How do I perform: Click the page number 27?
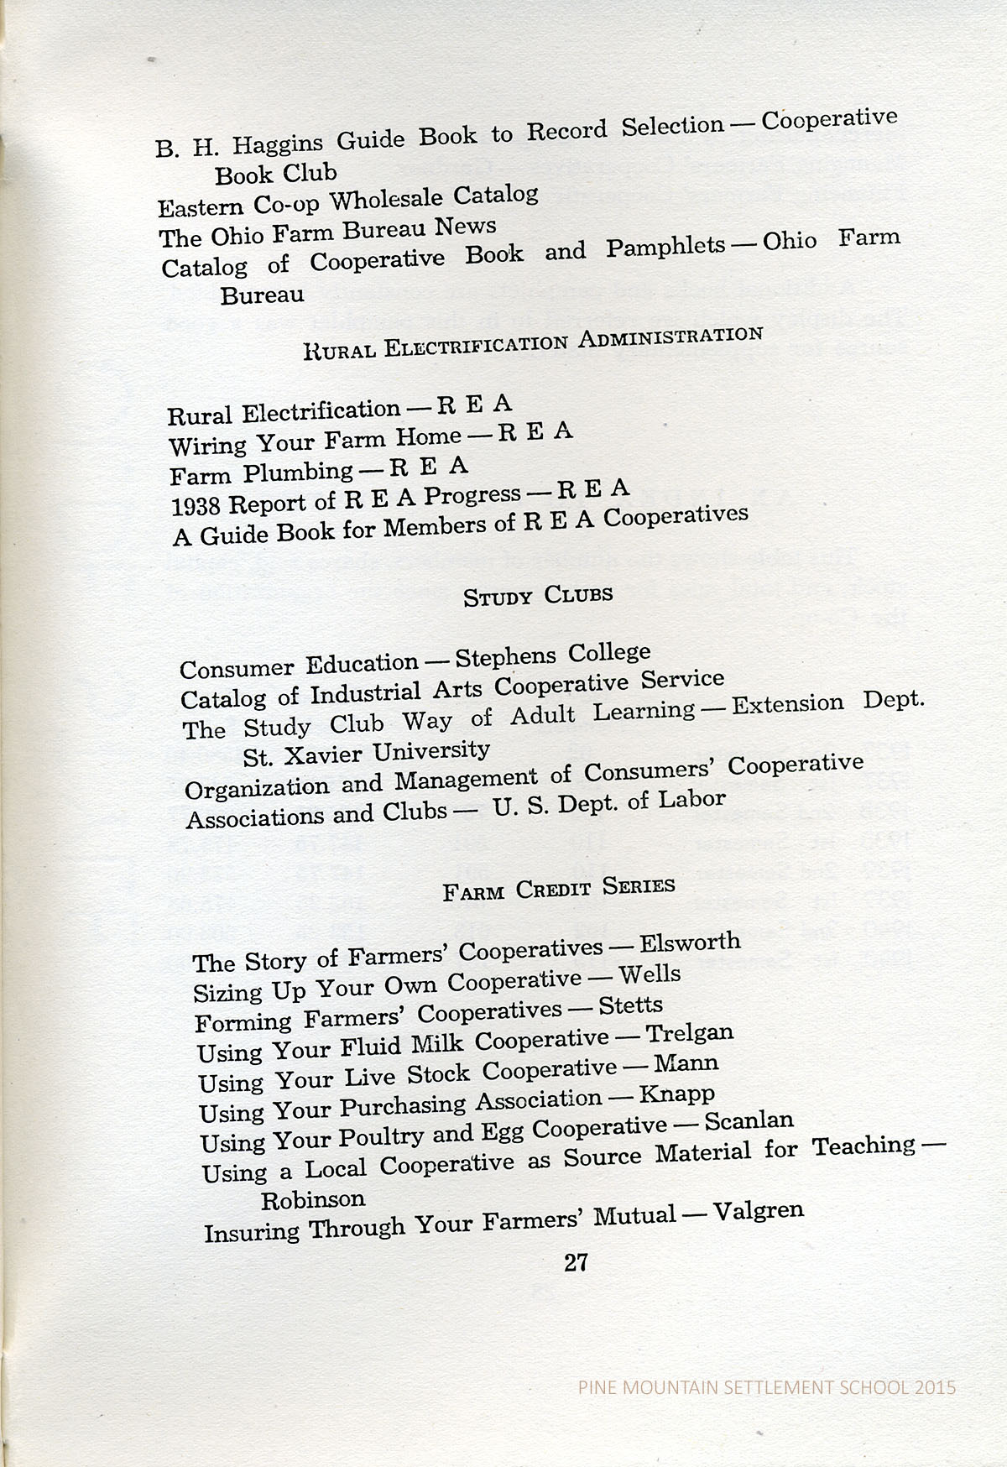click(x=576, y=1262)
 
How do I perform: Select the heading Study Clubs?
click(x=538, y=596)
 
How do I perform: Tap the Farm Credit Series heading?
click(x=559, y=888)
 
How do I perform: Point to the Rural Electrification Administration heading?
click(x=533, y=342)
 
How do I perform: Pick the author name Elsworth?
click(x=690, y=942)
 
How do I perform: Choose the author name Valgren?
click(x=758, y=1211)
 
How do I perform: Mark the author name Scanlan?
click(x=749, y=1121)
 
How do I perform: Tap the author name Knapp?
click(x=676, y=1094)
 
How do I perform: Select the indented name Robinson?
click(x=313, y=1199)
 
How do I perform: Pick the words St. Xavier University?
click(x=366, y=752)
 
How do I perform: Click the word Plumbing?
click(x=298, y=472)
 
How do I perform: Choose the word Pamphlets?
click(x=665, y=247)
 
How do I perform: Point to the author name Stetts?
click(x=630, y=1005)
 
